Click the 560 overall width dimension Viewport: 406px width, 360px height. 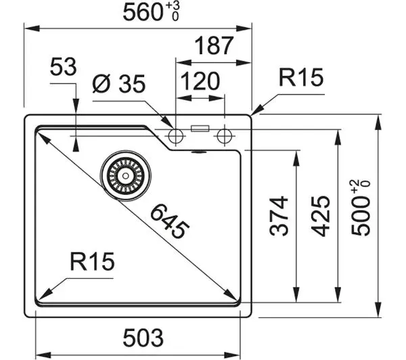(x=151, y=12)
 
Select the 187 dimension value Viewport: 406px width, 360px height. (x=214, y=45)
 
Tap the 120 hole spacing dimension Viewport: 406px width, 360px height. (x=200, y=81)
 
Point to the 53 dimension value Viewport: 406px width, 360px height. (x=63, y=66)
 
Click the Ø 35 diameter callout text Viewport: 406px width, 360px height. (x=119, y=83)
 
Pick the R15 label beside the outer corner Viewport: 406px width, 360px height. (x=301, y=77)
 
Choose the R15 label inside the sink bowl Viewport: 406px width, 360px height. (x=92, y=261)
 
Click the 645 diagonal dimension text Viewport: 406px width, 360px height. (x=170, y=221)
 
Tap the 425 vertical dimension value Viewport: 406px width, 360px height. (x=320, y=217)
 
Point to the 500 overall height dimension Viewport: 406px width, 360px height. (x=361, y=208)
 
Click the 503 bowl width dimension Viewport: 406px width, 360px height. (x=143, y=337)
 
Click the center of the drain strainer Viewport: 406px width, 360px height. (x=126, y=176)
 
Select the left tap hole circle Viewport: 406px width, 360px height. (x=176, y=136)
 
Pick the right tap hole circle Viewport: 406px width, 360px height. (x=225, y=136)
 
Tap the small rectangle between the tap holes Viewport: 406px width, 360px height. (x=200, y=128)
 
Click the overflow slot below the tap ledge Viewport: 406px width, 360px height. (x=198, y=152)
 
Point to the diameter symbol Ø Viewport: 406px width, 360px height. (x=101, y=83)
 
